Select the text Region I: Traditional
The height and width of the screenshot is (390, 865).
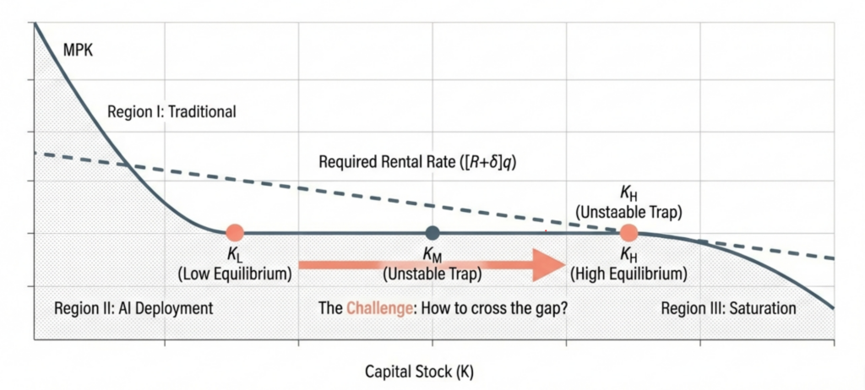pos(172,111)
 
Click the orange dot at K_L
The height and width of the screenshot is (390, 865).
pos(235,232)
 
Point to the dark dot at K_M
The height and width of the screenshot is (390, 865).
pos(432,232)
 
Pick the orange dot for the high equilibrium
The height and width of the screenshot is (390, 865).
pos(628,232)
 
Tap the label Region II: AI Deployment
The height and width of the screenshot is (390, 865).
pos(133,308)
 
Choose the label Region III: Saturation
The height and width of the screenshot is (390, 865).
pos(728,308)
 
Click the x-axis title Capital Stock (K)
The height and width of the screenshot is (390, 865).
pos(432,371)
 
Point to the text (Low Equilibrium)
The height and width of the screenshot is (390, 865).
pos(235,273)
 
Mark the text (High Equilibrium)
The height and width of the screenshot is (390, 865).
pos(628,273)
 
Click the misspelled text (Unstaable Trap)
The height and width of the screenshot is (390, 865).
pos(628,212)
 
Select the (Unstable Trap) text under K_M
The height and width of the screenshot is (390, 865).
pos(432,273)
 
